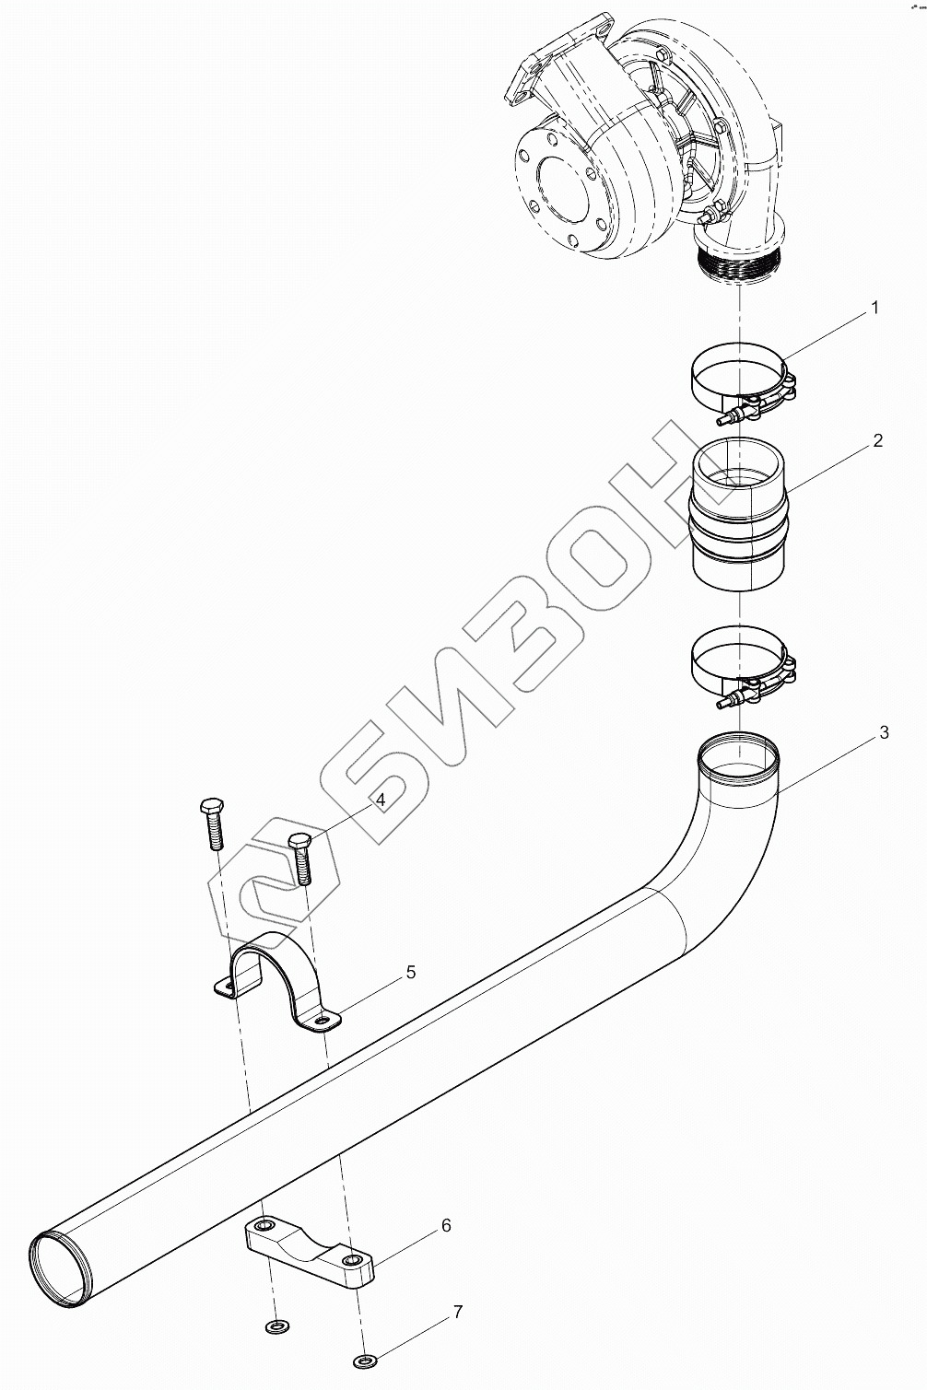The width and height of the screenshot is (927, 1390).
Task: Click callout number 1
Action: coord(875,308)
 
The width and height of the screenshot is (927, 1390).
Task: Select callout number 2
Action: coord(877,441)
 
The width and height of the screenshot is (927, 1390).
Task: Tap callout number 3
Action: coord(884,733)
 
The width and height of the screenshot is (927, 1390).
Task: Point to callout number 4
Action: coord(379,800)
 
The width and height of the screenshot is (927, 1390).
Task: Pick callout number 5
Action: coord(411,972)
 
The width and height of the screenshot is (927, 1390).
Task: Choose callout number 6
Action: coord(446,1225)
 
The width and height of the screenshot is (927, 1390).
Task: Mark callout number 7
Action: coord(458,1312)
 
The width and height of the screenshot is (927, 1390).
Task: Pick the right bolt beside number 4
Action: coord(301,858)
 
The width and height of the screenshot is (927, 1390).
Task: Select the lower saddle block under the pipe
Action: coord(310,1252)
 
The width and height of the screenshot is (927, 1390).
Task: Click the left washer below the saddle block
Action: coord(275,1326)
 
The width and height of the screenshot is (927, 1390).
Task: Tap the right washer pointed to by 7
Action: coord(364,1361)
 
